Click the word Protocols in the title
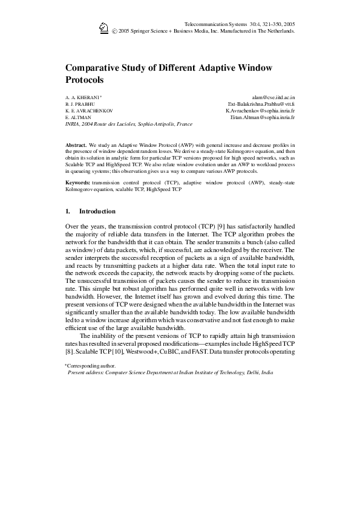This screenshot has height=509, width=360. (x=85, y=79)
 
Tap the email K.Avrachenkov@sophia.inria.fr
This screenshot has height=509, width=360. (x=260, y=111)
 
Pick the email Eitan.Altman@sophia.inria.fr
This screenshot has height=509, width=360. (x=263, y=117)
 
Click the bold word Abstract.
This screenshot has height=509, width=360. (x=76, y=146)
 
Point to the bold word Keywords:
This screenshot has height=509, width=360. (x=77, y=182)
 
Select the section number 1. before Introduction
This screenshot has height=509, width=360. (x=68, y=212)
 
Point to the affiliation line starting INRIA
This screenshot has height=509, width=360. (x=128, y=124)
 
